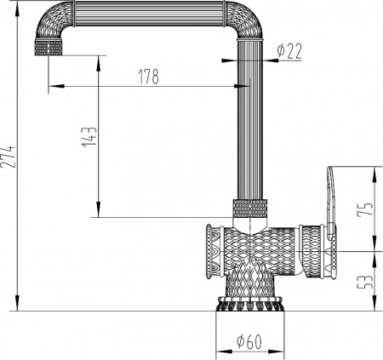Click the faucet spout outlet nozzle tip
click(50, 47)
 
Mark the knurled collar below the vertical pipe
click(249, 207)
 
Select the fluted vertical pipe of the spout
click(250, 119)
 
